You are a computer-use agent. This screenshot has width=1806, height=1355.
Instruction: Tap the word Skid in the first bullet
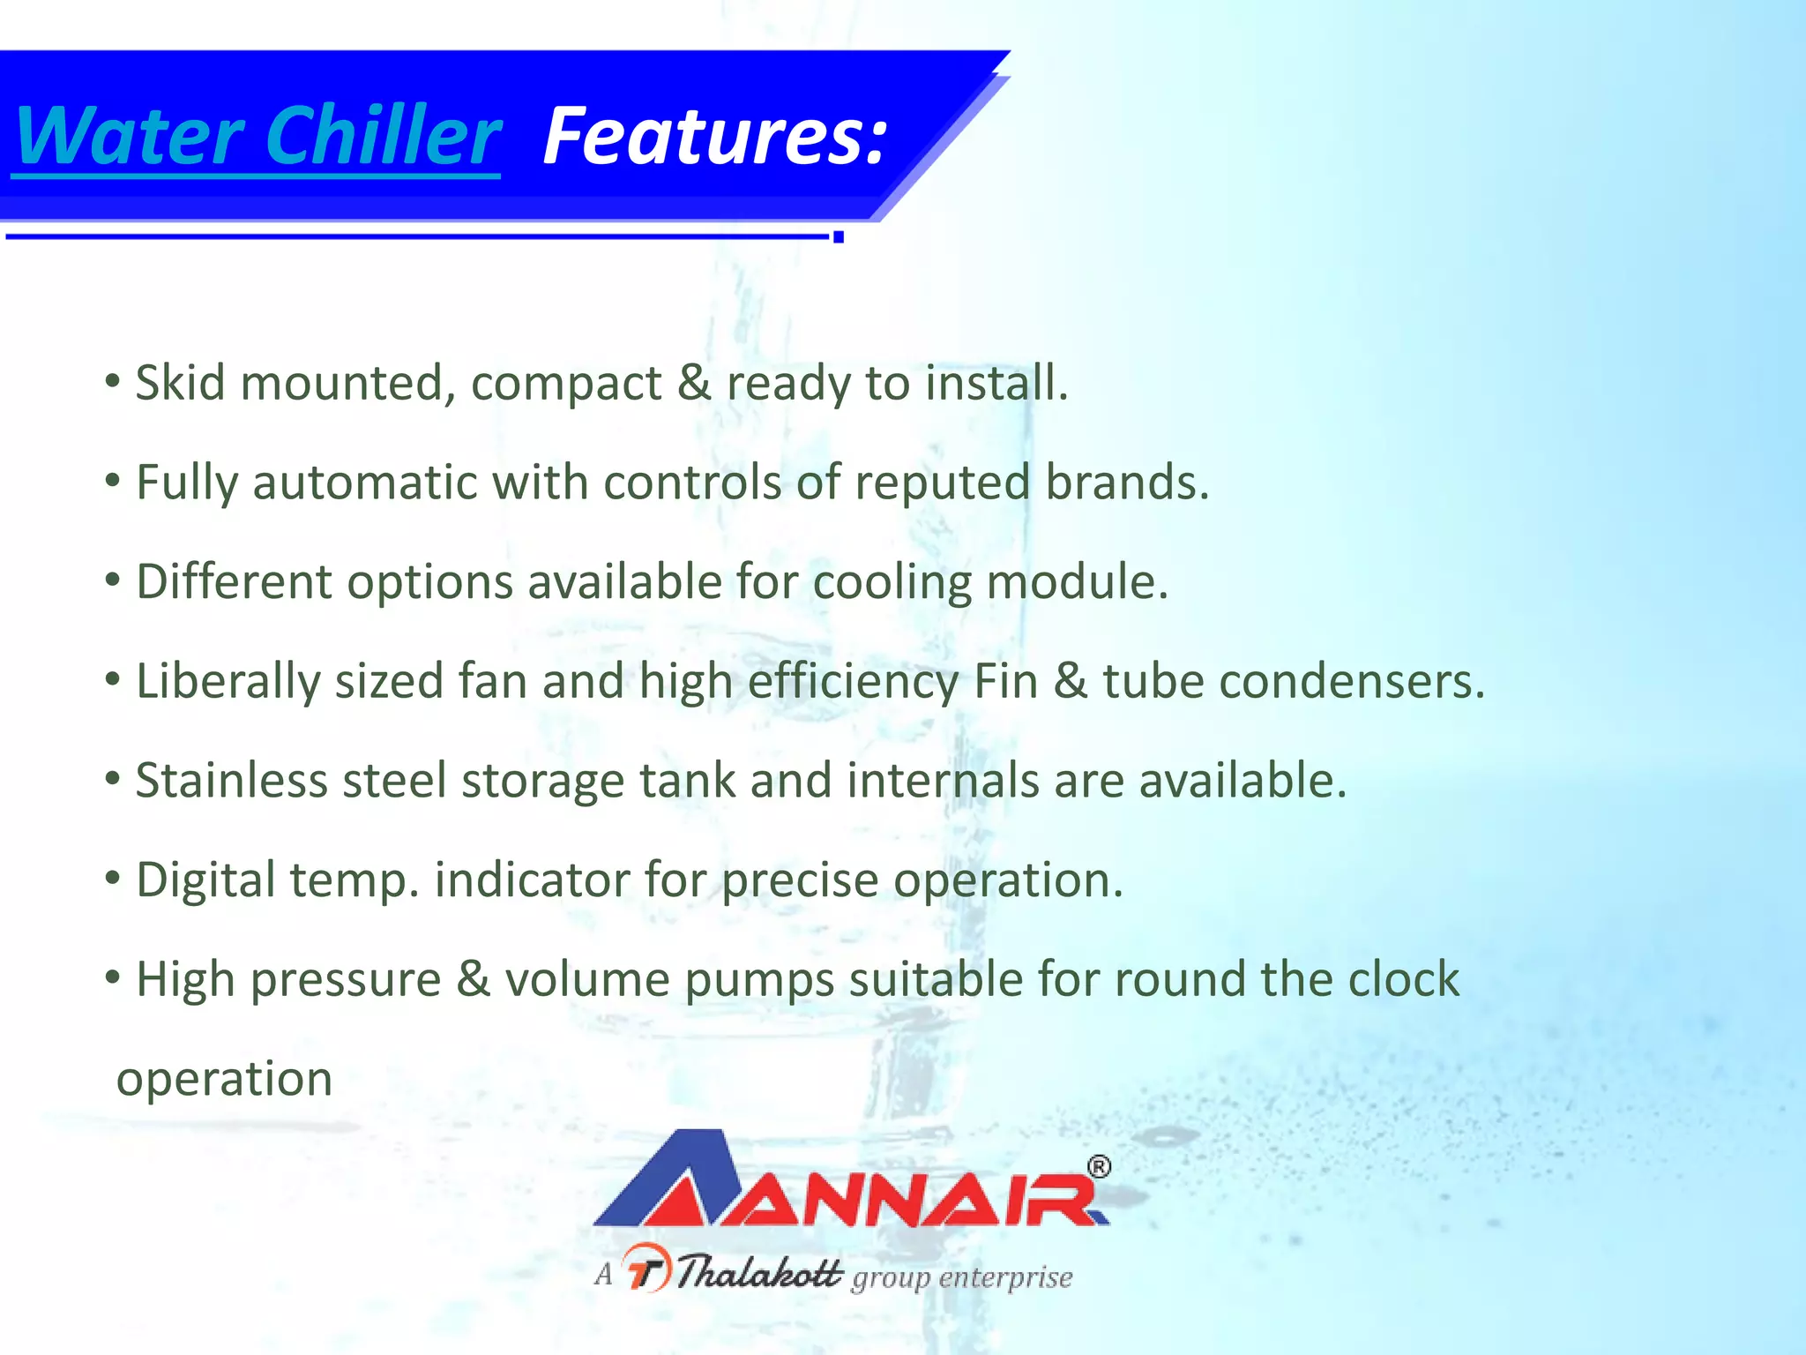pos(180,383)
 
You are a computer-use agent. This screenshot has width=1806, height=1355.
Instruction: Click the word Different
pos(234,582)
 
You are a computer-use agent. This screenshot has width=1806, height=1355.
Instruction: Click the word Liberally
pos(228,682)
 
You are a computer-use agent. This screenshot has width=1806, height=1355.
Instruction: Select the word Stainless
pos(231,781)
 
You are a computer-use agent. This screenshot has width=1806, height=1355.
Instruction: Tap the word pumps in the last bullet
pos(759,980)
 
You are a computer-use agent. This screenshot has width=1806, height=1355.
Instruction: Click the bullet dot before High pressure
pos(112,978)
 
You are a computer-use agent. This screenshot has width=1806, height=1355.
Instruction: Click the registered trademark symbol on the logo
pos(1099,1167)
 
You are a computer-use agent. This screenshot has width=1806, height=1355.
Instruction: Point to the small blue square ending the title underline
pos(839,236)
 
